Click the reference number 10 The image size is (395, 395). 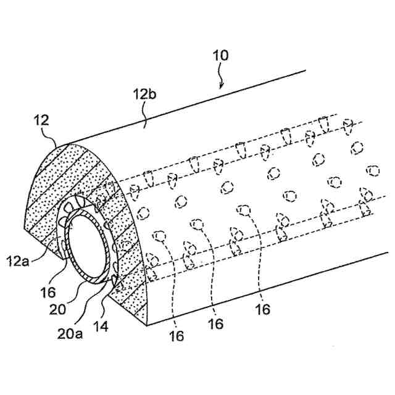tap(221, 56)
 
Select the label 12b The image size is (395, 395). tap(143, 96)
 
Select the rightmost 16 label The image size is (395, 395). tap(263, 309)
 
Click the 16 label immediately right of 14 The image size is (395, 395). tap(176, 335)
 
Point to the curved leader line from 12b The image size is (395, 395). tap(146, 117)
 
